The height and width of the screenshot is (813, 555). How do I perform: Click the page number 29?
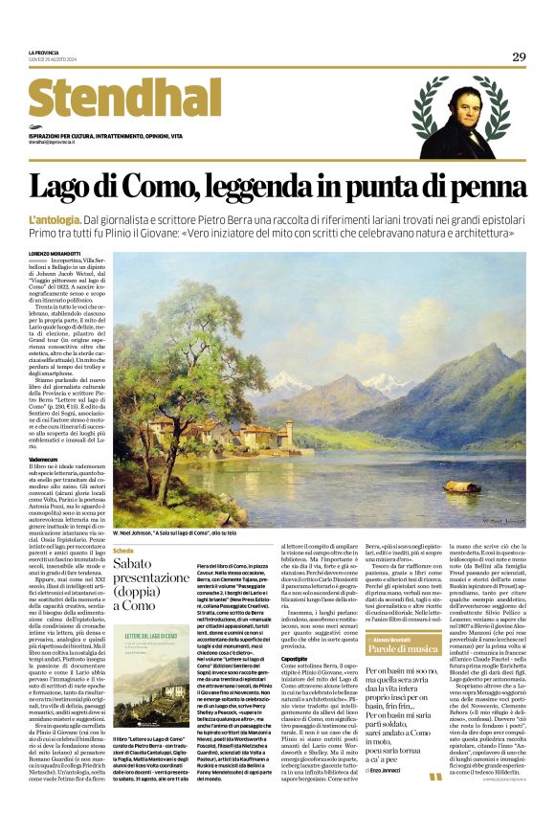click(519, 57)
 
